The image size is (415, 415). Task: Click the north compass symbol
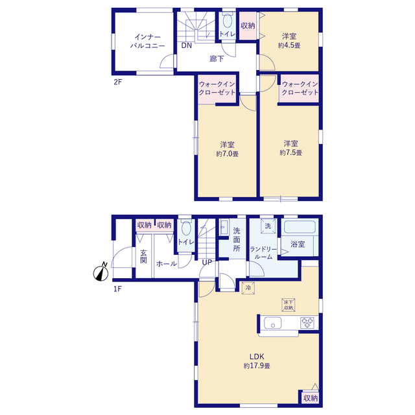tap(101, 272)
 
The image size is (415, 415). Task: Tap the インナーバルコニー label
tap(147, 41)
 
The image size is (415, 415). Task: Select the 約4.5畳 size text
tap(289, 45)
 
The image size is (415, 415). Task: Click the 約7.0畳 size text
tap(228, 154)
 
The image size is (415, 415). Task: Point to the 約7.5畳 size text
tap(291, 153)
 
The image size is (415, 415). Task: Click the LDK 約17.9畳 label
tap(257, 361)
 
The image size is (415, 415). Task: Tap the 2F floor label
tap(118, 82)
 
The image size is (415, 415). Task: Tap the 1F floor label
tap(117, 289)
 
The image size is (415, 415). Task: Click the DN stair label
tap(186, 45)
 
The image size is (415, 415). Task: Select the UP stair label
tap(207, 262)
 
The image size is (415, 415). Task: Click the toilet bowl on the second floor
tap(228, 21)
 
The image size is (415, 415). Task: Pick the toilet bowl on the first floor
tap(186, 228)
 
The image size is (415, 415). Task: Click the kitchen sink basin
tap(272, 323)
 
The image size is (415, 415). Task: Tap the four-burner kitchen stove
tap(307, 323)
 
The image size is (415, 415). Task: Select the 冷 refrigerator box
tap(248, 288)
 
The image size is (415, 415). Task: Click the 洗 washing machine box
tap(268, 226)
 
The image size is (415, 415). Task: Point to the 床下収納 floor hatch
tap(288, 305)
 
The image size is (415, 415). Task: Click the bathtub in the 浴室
tap(300, 226)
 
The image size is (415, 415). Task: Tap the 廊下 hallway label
tap(217, 59)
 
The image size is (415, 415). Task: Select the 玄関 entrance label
tap(143, 256)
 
